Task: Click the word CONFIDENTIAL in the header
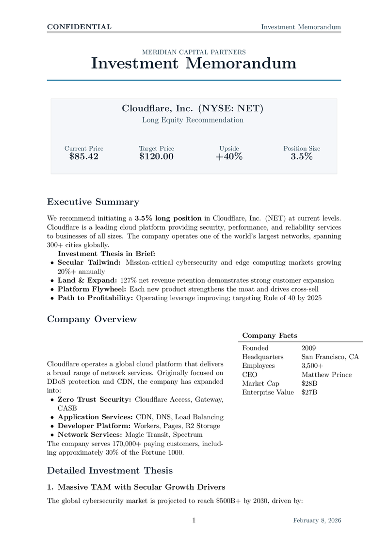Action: click(x=79, y=27)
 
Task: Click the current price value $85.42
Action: click(x=84, y=156)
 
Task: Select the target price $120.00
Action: click(x=156, y=156)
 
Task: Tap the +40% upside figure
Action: click(x=229, y=156)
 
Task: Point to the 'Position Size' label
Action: click(x=302, y=149)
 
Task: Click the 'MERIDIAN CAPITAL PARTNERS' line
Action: click(x=194, y=52)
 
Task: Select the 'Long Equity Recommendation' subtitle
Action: click(x=194, y=120)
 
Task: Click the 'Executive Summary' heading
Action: click(x=93, y=202)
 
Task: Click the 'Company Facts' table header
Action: click(x=270, y=335)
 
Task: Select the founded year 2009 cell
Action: click(x=308, y=348)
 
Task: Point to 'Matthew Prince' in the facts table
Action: click(x=326, y=375)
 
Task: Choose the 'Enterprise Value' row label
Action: click(x=268, y=392)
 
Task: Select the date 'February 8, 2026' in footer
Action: click(x=317, y=520)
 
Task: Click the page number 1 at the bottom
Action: click(x=194, y=520)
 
